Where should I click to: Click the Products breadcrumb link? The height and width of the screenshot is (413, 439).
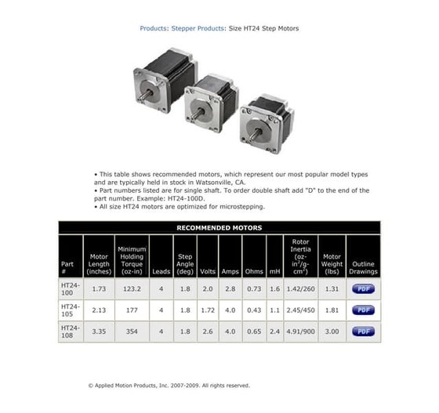[x=153, y=28]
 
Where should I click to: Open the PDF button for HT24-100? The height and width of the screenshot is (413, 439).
[x=363, y=289]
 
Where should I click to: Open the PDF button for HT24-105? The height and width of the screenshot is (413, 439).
[x=363, y=310]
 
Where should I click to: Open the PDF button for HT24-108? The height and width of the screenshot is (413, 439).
[x=363, y=331]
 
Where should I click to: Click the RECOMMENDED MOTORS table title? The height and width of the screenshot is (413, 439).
[x=219, y=228]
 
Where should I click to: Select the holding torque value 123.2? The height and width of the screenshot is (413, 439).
[x=132, y=289]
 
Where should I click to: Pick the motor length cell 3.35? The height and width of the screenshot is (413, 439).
[x=99, y=331]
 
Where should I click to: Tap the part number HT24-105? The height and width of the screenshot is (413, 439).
[x=71, y=310]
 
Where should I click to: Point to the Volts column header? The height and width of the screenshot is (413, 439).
[x=208, y=272]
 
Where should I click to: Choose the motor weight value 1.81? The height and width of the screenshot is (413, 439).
[x=332, y=310]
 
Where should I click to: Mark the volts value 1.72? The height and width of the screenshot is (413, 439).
[x=208, y=310]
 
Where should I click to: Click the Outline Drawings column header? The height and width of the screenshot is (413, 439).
[x=363, y=267]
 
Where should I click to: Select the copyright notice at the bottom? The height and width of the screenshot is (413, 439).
[x=169, y=386]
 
